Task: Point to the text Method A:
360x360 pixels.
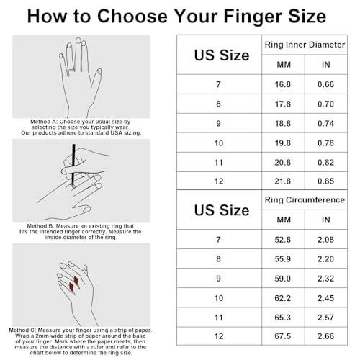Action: coord(48,122)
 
